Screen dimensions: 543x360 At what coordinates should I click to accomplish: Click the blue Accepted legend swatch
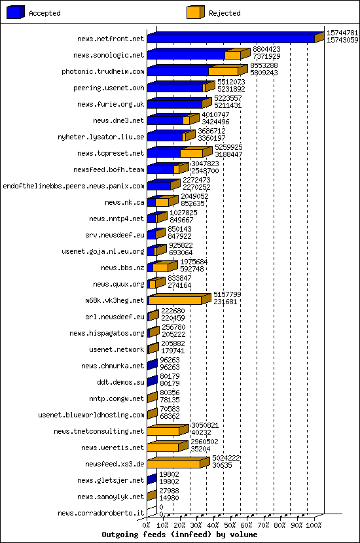pos(17,12)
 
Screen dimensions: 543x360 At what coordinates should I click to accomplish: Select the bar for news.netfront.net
pos(232,39)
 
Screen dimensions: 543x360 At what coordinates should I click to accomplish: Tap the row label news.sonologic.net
pos(109,56)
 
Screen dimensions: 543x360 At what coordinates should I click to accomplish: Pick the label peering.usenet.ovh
pos(109,88)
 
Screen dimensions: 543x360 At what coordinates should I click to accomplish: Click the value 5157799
pos(227,294)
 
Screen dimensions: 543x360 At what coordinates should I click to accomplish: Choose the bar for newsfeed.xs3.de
pos(174,464)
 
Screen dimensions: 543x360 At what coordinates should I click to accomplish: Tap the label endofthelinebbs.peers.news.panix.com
pos(73,186)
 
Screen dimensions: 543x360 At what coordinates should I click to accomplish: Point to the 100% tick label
pos(315,525)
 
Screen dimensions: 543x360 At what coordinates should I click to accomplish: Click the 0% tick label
pos(148,525)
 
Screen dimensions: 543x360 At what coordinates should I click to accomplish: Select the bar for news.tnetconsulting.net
pos(164,431)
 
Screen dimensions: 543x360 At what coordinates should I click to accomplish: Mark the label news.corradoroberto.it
pos(101,513)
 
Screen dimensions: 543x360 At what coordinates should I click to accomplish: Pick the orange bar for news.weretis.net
pos(163,447)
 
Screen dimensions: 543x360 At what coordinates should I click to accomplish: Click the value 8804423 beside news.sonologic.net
pos(266,49)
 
